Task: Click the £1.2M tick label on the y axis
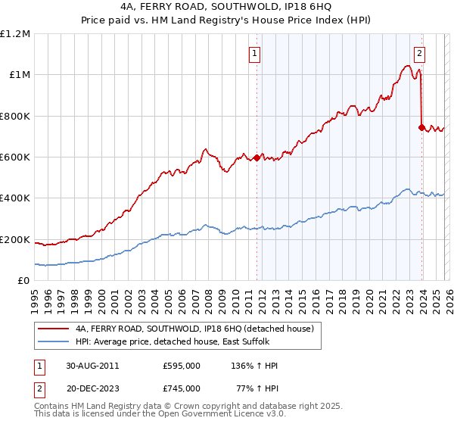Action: [15, 33]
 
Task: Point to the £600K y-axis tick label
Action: [15, 157]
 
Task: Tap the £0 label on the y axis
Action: [23, 280]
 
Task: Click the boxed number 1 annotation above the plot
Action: [255, 54]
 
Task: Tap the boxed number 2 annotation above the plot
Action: [419, 54]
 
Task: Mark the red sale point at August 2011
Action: [257, 157]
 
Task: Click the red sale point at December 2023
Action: [421, 127]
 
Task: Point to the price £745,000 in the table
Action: [181, 388]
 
